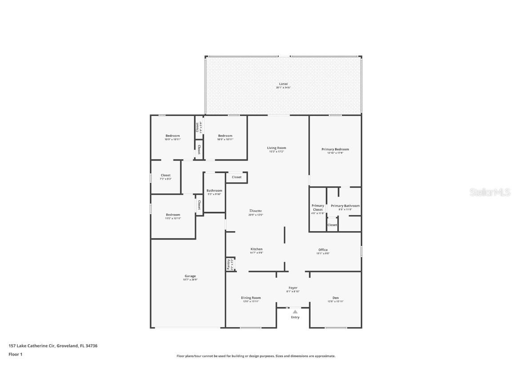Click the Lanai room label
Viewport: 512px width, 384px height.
pyautogui.click(x=283, y=84)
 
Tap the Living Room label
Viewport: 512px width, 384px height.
pyautogui.click(x=276, y=148)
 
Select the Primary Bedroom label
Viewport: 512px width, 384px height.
pyautogui.click(x=335, y=149)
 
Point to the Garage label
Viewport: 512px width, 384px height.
pyautogui.click(x=190, y=276)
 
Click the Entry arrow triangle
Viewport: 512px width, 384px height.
pyautogui.click(x=295, y=312)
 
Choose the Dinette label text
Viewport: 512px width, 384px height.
pyautogui.click(x=256, y=211)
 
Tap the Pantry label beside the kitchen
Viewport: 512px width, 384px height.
pyautogui.click(x=229, y=264)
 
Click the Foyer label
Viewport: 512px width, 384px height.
pyautogui.click(x=293, y=288)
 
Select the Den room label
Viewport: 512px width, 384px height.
pyautogui.click(x=336, y=298)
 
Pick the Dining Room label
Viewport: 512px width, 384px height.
pyautogui.click(x=251, y=298)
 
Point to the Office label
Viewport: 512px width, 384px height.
pyautogui.click(x=323, y=250)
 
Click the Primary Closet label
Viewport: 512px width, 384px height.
pyautogui.click(x=318, y=208)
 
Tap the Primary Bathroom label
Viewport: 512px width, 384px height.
pyautogui.click(x=345, y=206)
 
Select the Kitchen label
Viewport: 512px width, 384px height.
pyautogui.click(x=256, y=249)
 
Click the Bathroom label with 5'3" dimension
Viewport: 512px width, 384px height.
pyautogui.click(x=214, y=191)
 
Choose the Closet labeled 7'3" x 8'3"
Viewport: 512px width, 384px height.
pyautogui.click(x=165, y=176)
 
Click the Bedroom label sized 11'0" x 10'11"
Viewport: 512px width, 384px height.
pyautogui.click(x=173, y=215)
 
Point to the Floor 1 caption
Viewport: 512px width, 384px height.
pyautogui.click(x=15, y=354)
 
